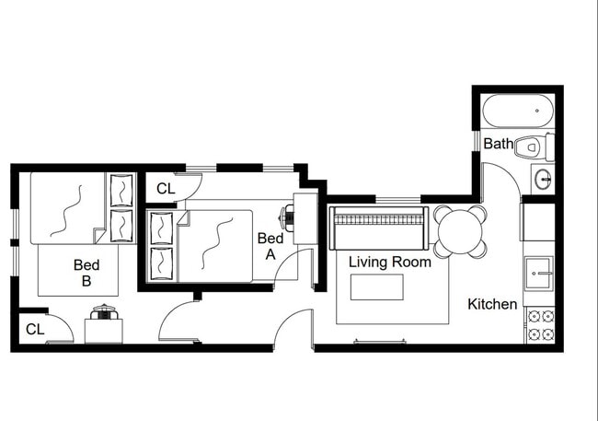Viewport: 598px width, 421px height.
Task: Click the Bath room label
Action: [499, 144]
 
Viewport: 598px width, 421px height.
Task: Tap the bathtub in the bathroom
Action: [518, 113]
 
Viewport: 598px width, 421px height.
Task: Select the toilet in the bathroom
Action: [530, 146]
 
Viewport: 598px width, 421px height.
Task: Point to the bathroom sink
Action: [543, 179]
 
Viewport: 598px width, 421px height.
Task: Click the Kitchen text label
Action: [492, 304]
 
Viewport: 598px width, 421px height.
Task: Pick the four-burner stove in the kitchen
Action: [539, 324]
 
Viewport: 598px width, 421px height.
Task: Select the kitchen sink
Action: [538, 272]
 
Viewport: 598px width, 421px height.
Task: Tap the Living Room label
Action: [390, 262]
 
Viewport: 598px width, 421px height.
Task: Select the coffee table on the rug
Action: [376, 287]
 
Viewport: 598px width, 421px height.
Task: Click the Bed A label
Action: [270, 245]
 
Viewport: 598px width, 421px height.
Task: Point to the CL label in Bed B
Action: [35, 329]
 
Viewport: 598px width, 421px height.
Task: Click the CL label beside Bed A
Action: [166, 189]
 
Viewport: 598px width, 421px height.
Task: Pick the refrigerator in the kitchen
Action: [538, 222]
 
